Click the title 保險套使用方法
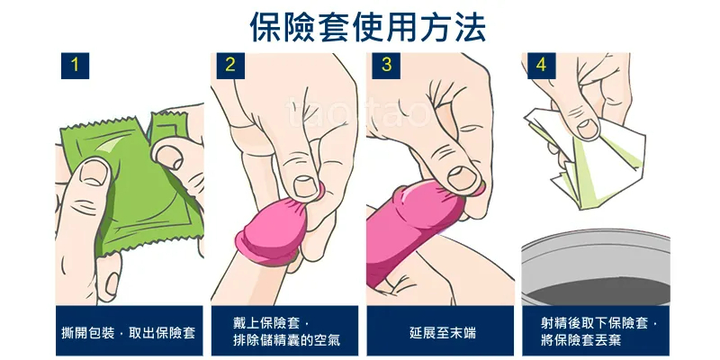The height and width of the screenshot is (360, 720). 368,27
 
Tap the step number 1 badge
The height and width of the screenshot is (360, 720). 75,66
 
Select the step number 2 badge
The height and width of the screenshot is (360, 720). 230,66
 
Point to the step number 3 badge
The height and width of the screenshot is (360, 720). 386,66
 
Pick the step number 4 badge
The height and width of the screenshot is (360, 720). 542,66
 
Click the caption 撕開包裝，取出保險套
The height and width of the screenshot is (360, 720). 129,332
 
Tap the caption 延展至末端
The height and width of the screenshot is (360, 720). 442,332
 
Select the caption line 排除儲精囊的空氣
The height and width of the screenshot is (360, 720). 286,341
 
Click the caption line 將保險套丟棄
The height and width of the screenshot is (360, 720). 580,341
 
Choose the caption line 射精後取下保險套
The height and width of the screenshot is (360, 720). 598,323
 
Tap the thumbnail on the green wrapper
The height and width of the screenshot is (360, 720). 93,174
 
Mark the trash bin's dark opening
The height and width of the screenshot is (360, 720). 598,292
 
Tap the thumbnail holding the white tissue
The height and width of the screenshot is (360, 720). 588,128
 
